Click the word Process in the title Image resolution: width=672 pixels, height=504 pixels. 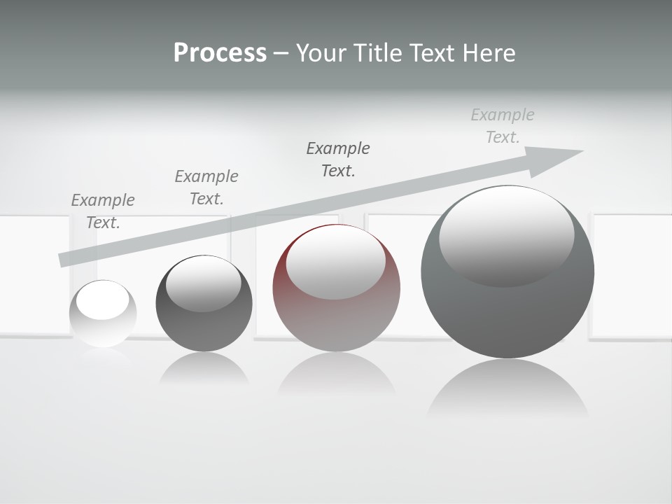(x=220, y=53)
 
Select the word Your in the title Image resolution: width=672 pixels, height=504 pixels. (x=321, y=53)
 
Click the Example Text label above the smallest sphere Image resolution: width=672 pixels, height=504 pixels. (x=103, y=211)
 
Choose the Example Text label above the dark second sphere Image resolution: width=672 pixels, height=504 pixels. (x=206, y=188)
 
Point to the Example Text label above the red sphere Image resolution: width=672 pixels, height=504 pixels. (x=338, y=159)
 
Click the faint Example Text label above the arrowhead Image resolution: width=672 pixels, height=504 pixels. (x=503, y=126)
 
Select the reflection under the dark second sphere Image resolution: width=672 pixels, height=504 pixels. (x=204, y=369)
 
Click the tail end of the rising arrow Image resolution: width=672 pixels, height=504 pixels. (x=63, y=260)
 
